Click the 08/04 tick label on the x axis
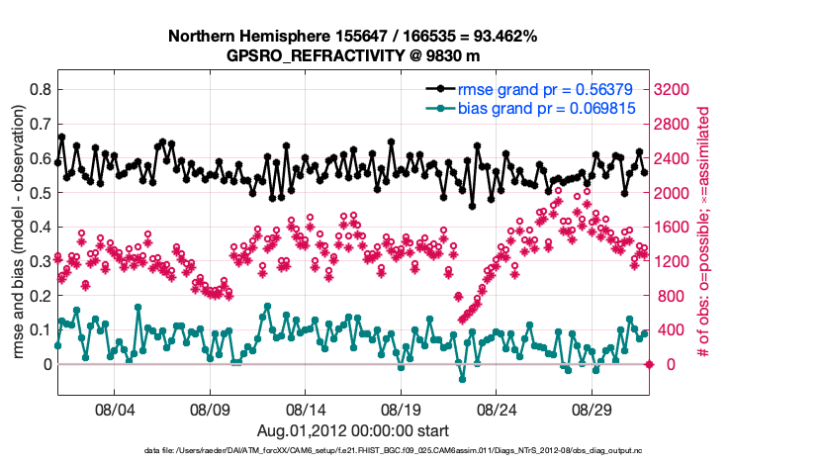[114, 409]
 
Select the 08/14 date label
[306, 409]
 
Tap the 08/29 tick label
[593, 409]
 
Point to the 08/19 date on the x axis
[402, 409]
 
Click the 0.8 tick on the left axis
[41, 89]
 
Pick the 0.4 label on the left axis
[41, 227]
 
